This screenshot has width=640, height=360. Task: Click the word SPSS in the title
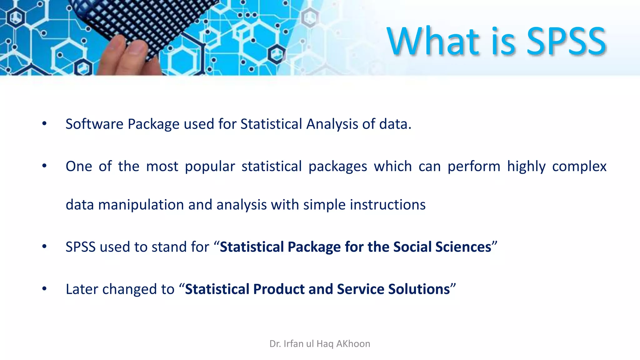[x=566, y=41]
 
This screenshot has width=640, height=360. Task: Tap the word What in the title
[x=433, y=41]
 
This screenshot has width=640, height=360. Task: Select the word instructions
[x=387, y=205]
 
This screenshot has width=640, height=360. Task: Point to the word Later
[x=82, y=289]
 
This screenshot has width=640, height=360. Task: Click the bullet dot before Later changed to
[x=44, y=289]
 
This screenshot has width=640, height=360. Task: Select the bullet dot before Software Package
[x=44, y=124]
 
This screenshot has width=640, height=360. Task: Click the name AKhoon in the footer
[x=353, y=344]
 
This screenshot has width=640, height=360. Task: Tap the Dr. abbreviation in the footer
[x=275, y=344]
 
